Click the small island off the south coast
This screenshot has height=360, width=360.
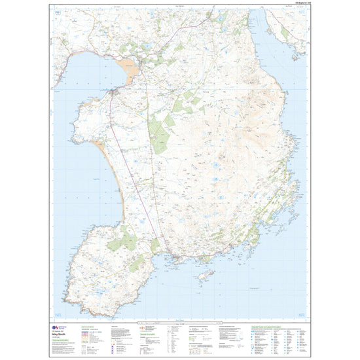[204, 276]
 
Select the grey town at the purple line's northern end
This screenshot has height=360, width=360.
[113, 93]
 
